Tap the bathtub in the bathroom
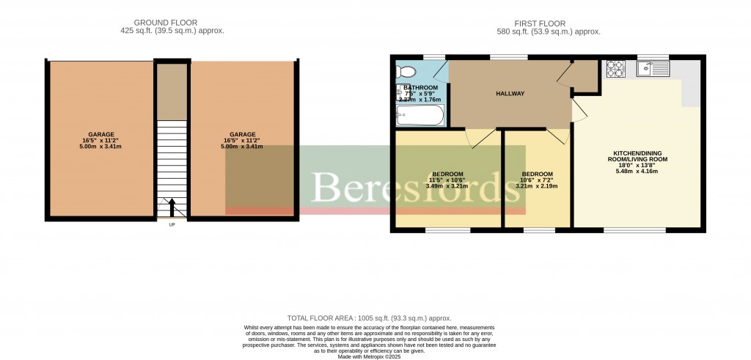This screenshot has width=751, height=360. [x=420, y=115]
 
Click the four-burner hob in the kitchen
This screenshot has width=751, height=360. [x=615, y=69]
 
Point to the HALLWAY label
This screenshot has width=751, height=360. [x=510, y=93]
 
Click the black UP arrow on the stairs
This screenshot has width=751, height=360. [x=172, y=207]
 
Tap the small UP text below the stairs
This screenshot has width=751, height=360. [x=172, y=224]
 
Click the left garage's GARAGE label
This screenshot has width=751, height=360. [x=101, y=134]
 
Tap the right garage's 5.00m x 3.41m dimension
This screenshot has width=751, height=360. [x=243, y=147]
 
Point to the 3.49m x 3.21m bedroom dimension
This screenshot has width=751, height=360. [x=447, y=186]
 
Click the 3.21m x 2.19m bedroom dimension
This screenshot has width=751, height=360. [x=537, y=186]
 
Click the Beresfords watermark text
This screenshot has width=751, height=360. [x=411, y=188]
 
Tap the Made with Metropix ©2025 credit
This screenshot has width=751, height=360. [x=375, y=356]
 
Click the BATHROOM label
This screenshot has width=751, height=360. [x=420, y=88]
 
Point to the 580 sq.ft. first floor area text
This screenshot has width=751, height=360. [x=548, y=32]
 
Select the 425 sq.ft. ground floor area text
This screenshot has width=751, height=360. [x=172, y=32]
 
